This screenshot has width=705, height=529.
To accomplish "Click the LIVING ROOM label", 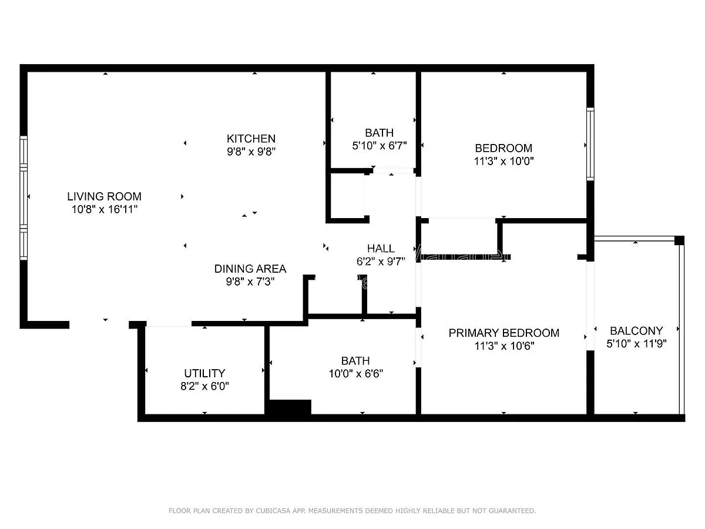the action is (104, 196).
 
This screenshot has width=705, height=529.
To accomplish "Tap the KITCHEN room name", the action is (251, 139).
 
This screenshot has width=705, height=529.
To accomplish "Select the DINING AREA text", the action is (250, 269).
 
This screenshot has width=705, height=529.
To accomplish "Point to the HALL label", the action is (381, 248).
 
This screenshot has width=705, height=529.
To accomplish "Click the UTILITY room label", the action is (204, 373).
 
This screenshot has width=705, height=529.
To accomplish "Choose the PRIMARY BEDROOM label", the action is (503, 333).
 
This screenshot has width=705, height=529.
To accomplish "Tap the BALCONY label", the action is (636, 330).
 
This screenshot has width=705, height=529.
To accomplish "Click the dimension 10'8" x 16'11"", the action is (105, 209).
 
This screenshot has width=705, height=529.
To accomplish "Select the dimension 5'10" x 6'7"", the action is (380, 146).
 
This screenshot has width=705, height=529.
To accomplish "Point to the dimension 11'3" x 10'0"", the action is (503, 161).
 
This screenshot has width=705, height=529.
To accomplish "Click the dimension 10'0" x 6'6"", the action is (356, 374).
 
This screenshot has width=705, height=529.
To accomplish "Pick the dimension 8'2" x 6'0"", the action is (204, 386).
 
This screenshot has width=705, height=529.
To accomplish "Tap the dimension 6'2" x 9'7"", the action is (381, 262).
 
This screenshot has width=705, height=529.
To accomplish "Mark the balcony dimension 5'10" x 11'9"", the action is (636, 344).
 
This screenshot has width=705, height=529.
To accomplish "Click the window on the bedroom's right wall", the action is (590, 144).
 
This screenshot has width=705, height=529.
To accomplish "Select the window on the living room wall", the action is (23, 198).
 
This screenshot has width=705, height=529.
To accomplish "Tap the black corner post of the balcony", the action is (679, 240).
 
